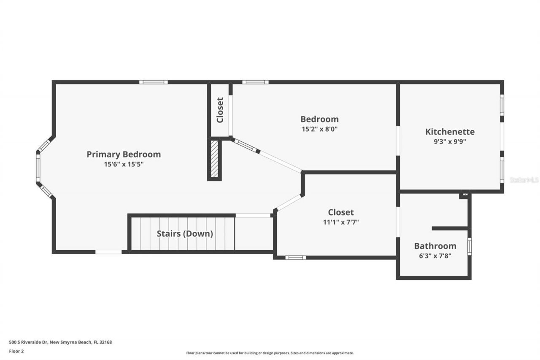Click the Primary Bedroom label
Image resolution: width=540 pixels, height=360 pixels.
(x=124, y=154)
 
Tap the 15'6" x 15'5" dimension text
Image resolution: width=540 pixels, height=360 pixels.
(x=124, y=165)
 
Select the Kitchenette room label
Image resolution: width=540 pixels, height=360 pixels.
(x=450, y=132)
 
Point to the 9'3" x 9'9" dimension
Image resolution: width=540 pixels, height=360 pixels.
(x=450, y=142)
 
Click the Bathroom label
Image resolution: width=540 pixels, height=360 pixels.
(x=435, y=246)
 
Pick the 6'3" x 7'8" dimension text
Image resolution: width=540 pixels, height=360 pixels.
(x=435, y=255)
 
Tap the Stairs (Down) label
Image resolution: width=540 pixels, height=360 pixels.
(x=185, y=233)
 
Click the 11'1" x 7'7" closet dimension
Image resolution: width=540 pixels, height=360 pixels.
(x=341, y=222)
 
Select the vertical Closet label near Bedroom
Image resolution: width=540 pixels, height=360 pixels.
(x=220, y=110)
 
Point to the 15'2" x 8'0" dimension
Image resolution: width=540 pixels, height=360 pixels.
(x=319, y=129)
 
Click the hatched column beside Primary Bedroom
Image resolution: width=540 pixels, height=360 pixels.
(x=214, y=159)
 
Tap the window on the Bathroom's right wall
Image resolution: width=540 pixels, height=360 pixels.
(x=469, y=246)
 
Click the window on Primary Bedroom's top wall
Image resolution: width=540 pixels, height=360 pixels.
(x=154, y=82)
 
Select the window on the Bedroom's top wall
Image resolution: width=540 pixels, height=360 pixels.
(x=255, y=82)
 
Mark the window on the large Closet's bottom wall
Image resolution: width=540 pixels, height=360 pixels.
(x=295, y=257)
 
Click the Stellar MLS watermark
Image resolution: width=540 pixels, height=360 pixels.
(x=524, y=180)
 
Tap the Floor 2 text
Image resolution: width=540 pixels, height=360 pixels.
(x=16, y=351)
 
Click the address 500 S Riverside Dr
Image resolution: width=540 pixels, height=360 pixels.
(x=60, y=342)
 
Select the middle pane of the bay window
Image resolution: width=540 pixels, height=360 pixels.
(x=38, y=168)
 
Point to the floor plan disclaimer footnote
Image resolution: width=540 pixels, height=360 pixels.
(x=270, y=353)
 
